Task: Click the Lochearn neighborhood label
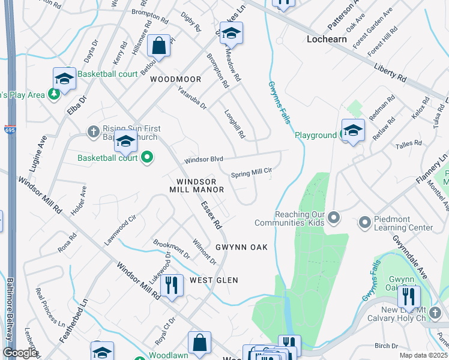point(328,39)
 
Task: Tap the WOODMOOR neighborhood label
point(176,79)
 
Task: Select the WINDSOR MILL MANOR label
point(200,185)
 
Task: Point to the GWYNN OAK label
point(241,247)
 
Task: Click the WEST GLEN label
point(214,280)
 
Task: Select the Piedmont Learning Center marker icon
point(364,223)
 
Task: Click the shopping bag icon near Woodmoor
point(158,46)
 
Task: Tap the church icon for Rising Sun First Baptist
point(93,130)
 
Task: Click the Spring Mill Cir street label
point(252,172)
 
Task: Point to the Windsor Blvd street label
point(203,160)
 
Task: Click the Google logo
point(20,353)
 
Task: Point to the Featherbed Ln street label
point(74,322)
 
